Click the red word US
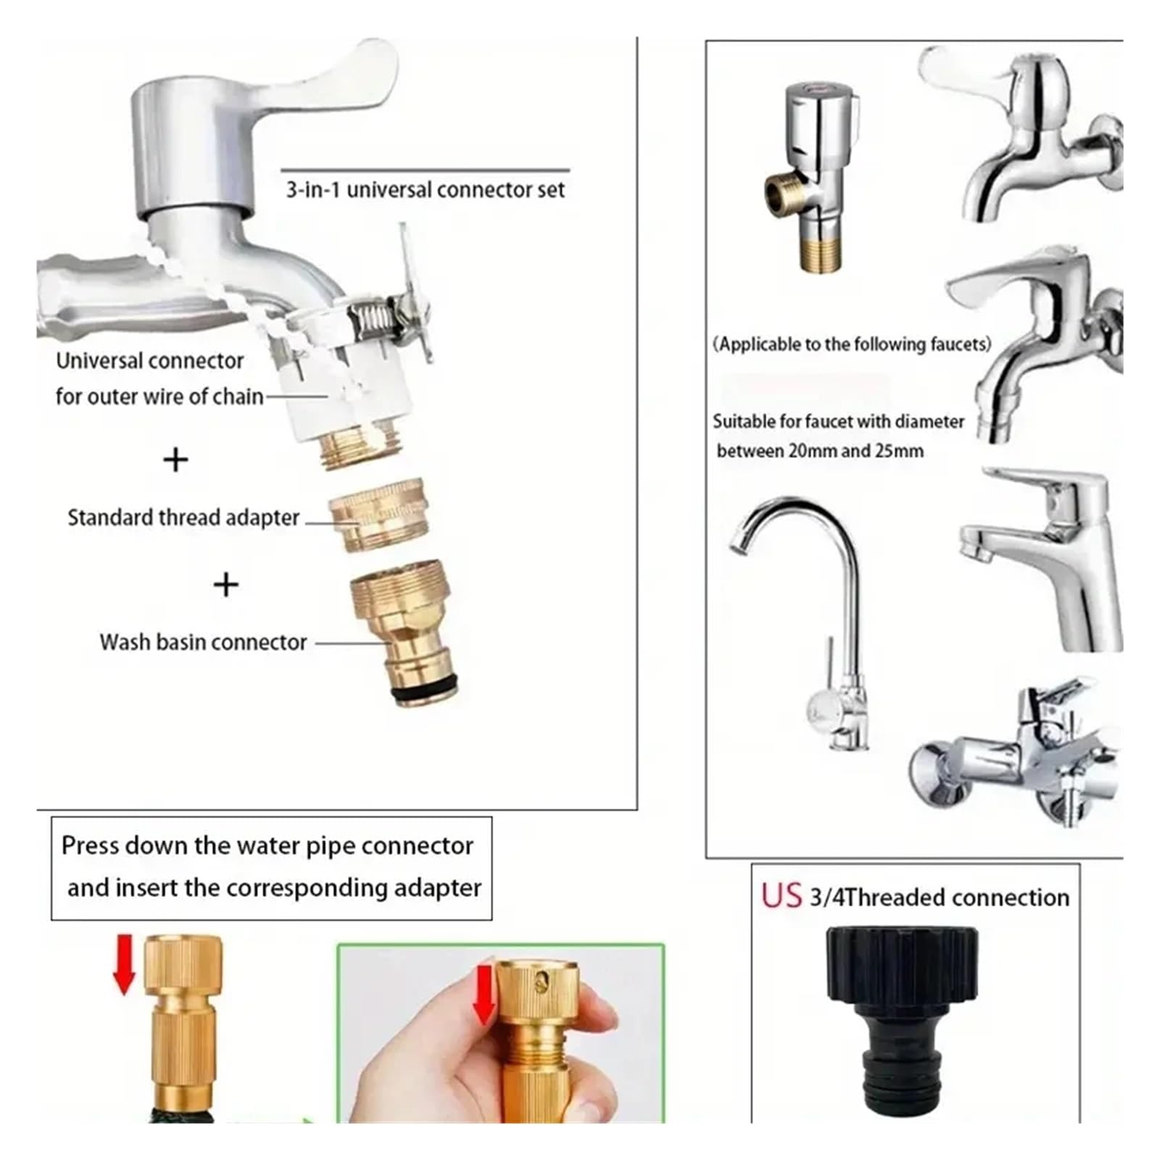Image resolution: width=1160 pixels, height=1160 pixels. click(x=781, y=896)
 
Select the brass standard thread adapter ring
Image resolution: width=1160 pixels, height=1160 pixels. click(x=377, y=515)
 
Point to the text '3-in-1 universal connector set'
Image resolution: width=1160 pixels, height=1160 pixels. click(x=425, y=190)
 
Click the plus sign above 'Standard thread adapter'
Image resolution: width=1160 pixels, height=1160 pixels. click(x=175, y=460)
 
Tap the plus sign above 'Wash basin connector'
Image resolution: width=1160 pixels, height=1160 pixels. click(x=225, y=584)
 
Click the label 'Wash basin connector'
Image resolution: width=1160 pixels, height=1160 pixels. click(x=203, y=642)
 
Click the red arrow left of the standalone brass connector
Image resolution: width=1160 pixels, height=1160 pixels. click(x=124, y=964)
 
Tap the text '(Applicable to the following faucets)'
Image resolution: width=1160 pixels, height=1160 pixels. click(x=852, y=344)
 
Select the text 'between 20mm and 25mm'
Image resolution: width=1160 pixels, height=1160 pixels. click(x=820, y=450)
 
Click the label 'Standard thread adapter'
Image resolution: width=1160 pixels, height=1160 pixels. click(x=183, y=518)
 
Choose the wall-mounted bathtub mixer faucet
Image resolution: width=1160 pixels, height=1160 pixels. click(x=1015, y=754)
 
